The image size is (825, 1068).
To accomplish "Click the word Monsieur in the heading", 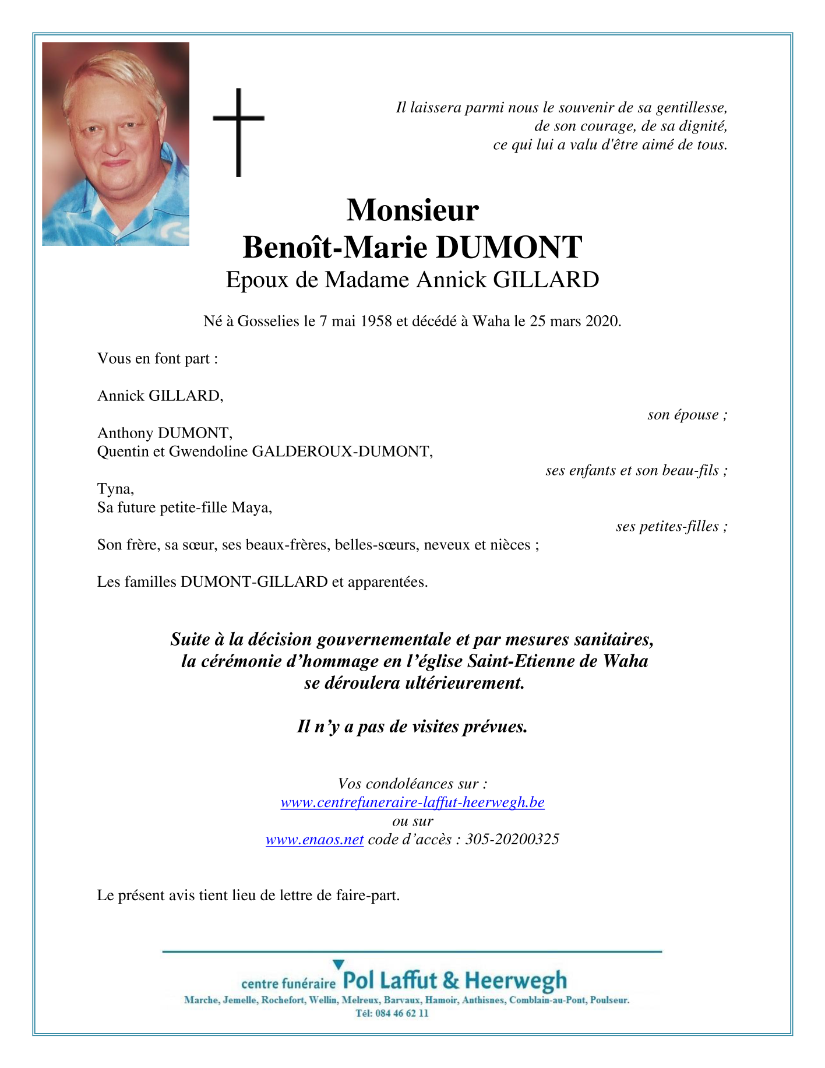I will [412, 210].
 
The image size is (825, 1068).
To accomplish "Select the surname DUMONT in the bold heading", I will [509, 248].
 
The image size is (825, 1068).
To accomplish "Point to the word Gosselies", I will [269, 321].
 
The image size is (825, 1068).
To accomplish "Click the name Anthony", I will [125, 433].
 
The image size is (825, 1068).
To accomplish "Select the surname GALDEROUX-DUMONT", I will [341, 452].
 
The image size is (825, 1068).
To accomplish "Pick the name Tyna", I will [115, 489].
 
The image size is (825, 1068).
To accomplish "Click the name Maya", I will [252, 507].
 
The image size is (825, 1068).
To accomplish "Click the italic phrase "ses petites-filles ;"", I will [672, 527].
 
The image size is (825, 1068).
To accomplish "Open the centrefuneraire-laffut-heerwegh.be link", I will [412, 802].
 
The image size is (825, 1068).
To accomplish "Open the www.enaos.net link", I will [315, 840].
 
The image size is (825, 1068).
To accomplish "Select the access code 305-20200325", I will [512, 840].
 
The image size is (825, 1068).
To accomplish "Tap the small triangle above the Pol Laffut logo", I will [338, 965].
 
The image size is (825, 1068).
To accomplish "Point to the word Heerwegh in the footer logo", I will [516, 981].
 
